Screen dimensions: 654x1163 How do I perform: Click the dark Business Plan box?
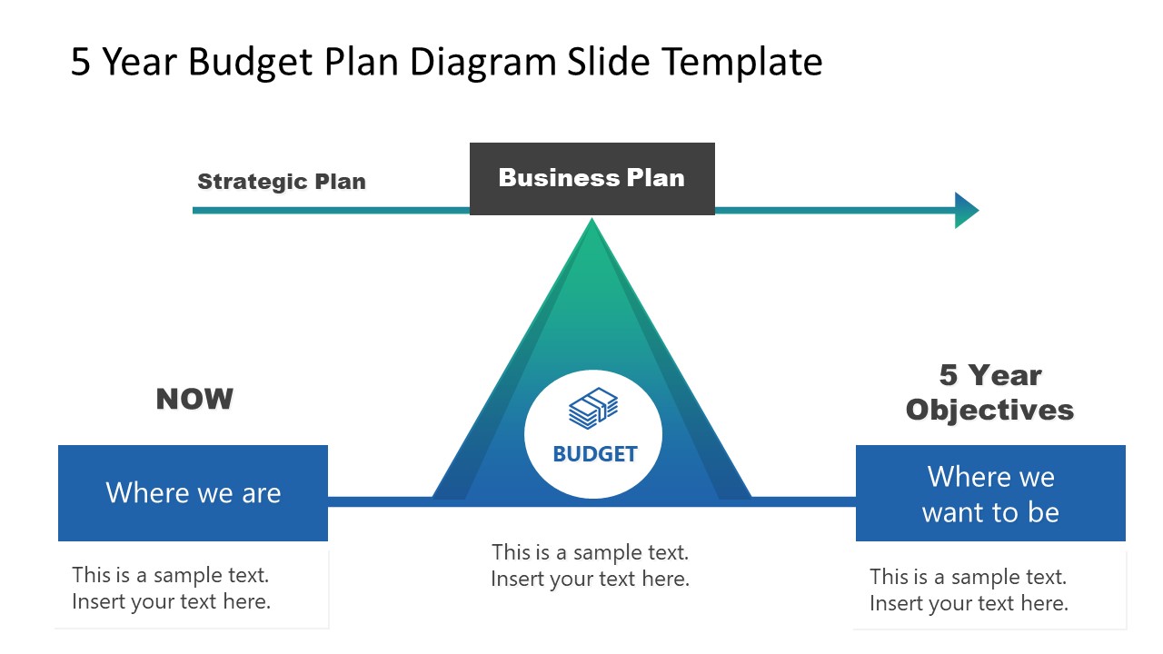tap(591, 178)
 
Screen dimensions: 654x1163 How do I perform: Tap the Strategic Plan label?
tap(282, 181)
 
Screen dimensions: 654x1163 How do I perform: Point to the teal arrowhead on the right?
tap(966, 210)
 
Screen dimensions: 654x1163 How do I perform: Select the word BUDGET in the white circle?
tap(595, 453)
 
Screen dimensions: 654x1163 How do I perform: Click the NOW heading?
tap(194, 399)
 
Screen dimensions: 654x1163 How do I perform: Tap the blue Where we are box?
tap(193, 492)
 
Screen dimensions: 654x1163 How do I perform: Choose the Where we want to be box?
tap(990, 493)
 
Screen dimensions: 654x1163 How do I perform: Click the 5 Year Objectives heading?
tap(989, 392)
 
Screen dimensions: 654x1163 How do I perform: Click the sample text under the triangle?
tap(591, 565)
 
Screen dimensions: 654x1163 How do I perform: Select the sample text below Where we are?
tap(171, 588)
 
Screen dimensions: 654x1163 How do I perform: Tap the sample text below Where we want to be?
tap(969, 590)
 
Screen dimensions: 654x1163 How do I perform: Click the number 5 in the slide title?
tap(81, 62)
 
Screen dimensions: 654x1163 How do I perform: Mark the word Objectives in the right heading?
tap(989, 410)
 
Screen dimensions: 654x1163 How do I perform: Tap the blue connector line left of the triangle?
tap(380, 501)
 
